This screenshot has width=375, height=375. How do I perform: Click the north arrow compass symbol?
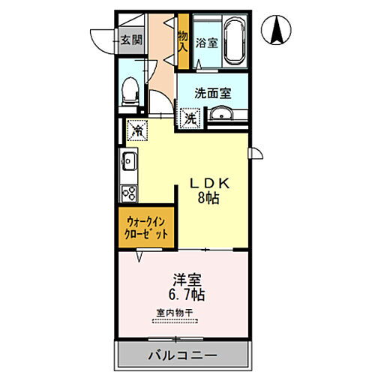point(276,30)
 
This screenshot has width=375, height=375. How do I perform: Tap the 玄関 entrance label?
point(130,40)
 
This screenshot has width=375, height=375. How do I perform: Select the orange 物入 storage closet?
point(182,41)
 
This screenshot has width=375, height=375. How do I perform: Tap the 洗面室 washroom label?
point(212,94)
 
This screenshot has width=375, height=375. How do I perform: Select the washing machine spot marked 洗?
point(190,118)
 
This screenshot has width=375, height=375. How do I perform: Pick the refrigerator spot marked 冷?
point(136,130)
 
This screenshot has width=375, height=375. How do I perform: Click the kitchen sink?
point(127,160)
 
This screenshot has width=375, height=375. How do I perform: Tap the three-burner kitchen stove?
point(127,193)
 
